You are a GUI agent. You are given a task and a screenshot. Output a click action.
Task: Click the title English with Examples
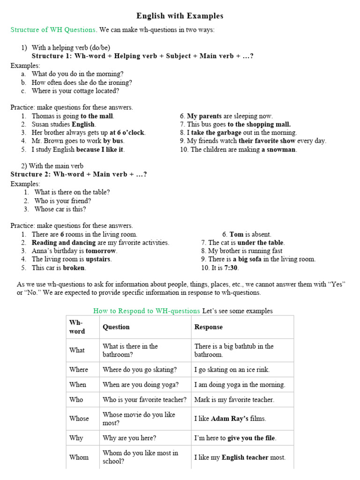point(180,16)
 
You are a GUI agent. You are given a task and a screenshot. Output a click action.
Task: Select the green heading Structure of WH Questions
point(53,30)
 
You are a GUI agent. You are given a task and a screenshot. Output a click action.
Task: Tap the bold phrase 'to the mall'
point(97,116)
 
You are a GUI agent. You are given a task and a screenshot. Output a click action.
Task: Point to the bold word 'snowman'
point(282,150)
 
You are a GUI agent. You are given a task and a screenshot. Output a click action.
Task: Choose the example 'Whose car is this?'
point(60,209)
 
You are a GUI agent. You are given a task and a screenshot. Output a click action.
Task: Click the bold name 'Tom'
point(236,234)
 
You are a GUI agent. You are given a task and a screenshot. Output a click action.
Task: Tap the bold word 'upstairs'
point(98,259)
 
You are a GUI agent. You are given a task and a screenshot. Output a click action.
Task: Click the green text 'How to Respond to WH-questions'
point(147,311)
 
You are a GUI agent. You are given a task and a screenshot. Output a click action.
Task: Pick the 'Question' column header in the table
point(116,327)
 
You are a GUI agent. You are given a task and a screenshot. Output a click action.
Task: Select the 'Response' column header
point(209,327)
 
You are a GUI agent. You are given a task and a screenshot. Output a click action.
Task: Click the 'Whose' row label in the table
point(79,419)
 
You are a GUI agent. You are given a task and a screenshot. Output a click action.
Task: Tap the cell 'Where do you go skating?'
point(140,369)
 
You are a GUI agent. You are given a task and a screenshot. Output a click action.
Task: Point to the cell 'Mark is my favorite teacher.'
point(234,400)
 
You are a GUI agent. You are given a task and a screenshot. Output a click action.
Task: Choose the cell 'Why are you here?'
point(129,438)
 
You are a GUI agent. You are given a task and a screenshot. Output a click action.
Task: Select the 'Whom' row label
point(79,457)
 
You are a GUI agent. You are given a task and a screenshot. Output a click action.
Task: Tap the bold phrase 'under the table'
point(261,242)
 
